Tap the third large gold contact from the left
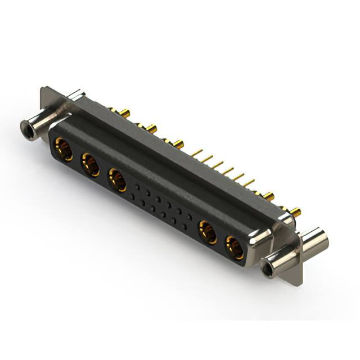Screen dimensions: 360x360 click(117, 181)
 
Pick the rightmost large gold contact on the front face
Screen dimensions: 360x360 click(235, 247)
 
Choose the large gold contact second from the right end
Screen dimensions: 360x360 click(208, 232)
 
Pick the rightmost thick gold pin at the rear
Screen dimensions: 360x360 click(295, 213)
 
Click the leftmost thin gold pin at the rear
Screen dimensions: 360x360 click(197, 151)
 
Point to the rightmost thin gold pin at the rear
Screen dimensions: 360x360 click(250, 182)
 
